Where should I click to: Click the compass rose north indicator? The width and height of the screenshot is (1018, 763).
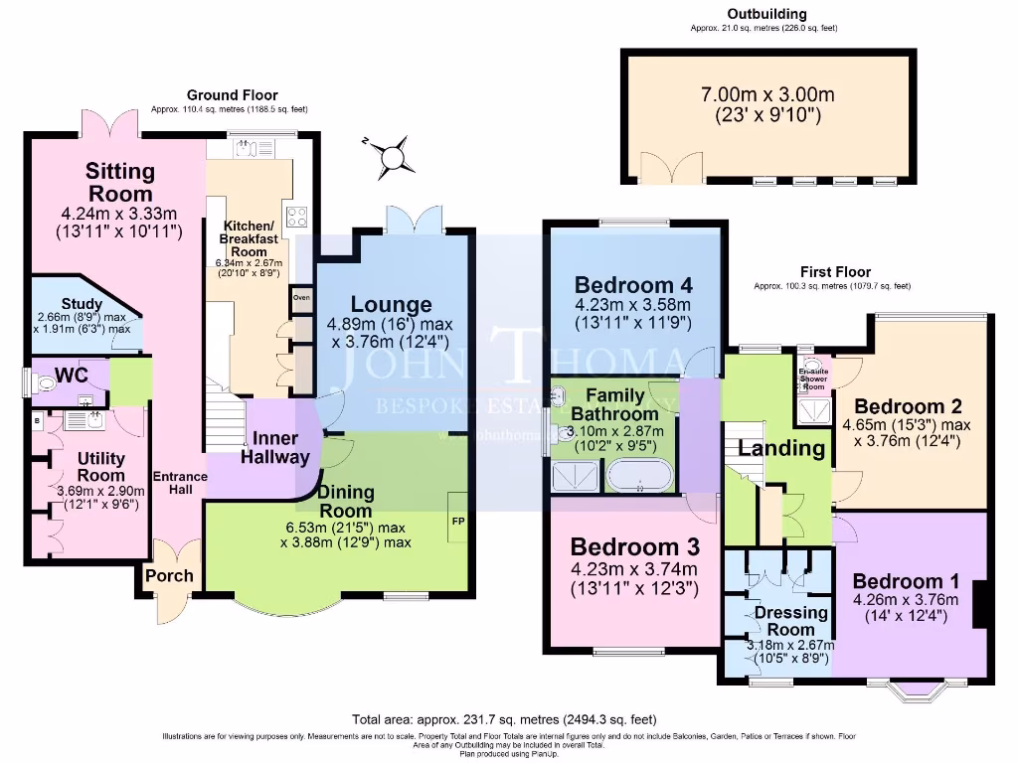coord(395,158)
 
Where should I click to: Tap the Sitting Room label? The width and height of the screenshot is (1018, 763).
coord(119,182)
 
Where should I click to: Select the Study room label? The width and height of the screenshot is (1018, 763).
coord(76,304)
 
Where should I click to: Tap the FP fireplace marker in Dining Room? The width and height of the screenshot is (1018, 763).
coord(457,521)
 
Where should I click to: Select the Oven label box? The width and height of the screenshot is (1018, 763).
coord(301,297)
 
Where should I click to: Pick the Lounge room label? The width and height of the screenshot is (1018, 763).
coord(392,305)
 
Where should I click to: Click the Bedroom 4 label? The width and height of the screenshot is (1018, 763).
coord(632,279)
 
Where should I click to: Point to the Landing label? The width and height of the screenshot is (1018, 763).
coord(782,448)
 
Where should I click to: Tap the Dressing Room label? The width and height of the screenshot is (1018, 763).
coord(791,621)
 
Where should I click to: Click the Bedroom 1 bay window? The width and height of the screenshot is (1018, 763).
coord(917,690)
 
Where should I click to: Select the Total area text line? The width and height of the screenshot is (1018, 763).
coord(504,719)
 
